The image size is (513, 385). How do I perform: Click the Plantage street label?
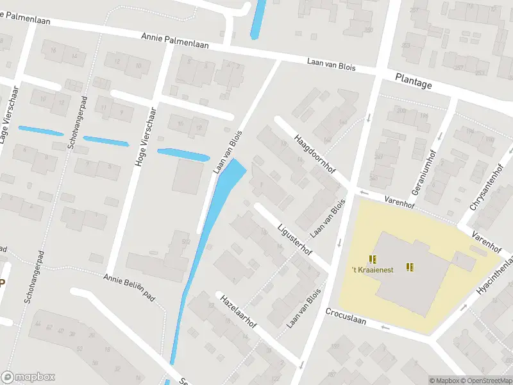pos(414,83)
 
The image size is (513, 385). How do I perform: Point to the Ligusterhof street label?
pos(295,237)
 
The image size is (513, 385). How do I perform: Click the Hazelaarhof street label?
pos(238,312)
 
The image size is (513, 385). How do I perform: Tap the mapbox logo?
pos(28,377)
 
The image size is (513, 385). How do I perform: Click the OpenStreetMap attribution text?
pos(487,381)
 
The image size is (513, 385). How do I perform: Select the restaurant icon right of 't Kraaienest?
pos(410,267)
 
